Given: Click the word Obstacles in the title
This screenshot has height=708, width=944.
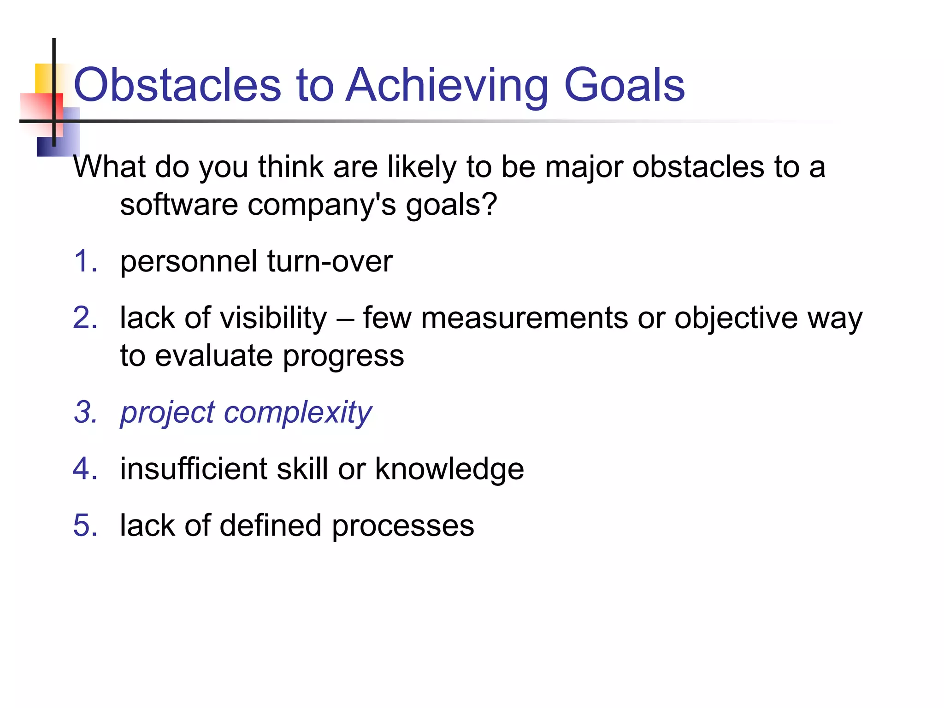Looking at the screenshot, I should point(177,85).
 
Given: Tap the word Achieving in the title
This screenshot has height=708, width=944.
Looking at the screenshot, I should point(447,85).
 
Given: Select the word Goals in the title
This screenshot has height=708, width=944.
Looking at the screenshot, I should point(624,85).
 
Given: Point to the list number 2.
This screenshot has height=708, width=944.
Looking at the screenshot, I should point(85,318).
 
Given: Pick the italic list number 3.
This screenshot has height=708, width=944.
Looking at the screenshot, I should point(86,412).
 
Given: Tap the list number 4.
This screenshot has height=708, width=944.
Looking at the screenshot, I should point(85,469).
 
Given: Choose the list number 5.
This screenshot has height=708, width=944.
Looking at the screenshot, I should point(85,525).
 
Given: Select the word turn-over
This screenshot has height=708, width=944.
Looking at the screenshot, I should point(330,261).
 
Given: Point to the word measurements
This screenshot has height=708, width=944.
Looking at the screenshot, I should point(524,318).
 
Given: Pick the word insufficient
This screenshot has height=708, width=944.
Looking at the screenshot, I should point(193,469).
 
